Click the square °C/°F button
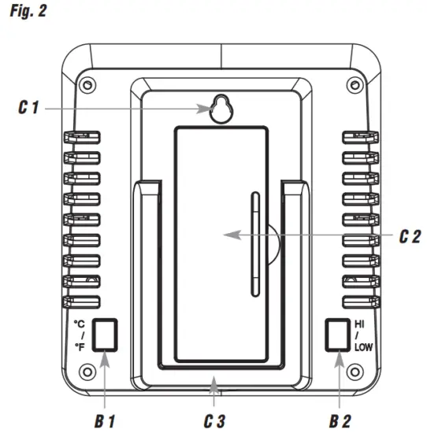[104, 334]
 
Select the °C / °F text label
[79, 334]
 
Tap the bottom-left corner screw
[88, 367]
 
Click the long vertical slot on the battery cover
[254, 244]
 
